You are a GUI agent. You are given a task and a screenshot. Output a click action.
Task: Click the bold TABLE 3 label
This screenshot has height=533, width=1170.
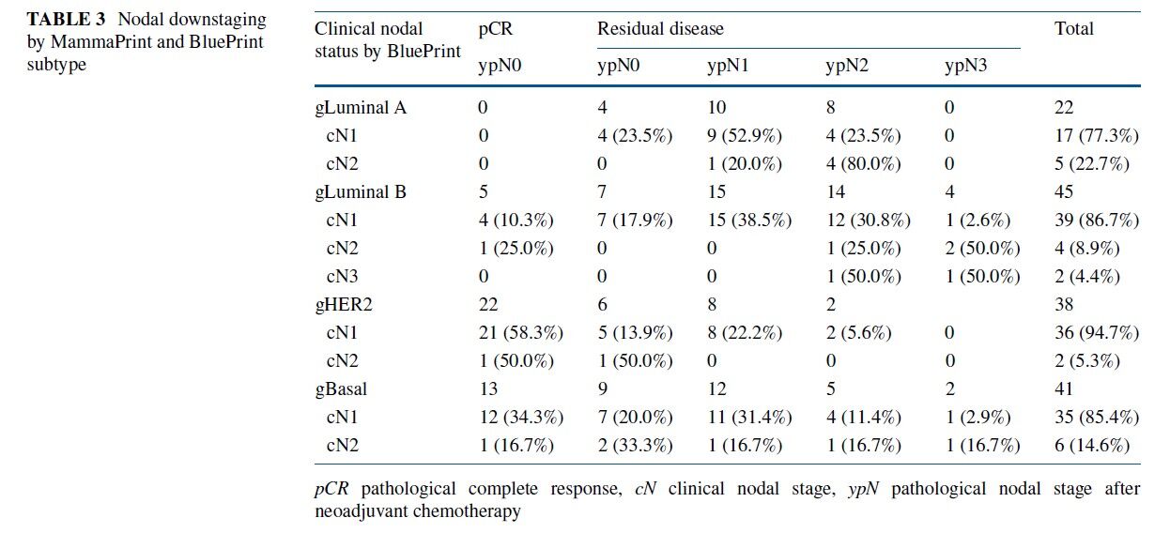click(65, 20)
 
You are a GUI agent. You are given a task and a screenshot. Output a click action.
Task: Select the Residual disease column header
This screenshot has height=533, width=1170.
click(660, 29)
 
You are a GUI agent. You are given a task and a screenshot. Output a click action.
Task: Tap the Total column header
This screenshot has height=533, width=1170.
click(1074, 29)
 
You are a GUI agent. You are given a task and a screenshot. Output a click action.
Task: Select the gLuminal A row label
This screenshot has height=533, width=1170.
click(361, 107)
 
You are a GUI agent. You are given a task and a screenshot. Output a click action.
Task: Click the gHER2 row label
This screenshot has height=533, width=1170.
click(346, 304)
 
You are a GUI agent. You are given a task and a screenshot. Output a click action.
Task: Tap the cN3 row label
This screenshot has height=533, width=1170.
click(343, 276)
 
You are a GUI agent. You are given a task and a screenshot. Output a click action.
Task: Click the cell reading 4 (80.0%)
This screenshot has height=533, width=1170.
click(863, 163)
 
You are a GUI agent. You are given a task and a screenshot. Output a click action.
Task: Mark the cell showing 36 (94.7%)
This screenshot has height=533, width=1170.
click(1097, 332)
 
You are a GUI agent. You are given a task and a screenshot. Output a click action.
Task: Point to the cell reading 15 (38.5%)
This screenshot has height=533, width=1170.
click(749, 220)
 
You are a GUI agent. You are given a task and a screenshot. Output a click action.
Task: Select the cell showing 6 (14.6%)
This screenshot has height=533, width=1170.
click(1092, 445)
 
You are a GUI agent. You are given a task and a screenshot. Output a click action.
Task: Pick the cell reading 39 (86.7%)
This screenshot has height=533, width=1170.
click(1097, 220)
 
